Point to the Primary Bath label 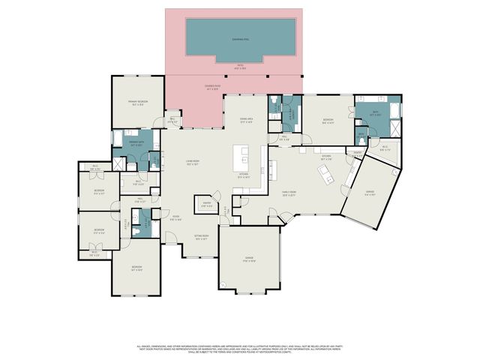click(136, 142)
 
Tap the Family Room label click(288, 195)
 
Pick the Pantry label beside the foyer click(205, 205)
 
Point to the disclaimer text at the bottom click(239, 349)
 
